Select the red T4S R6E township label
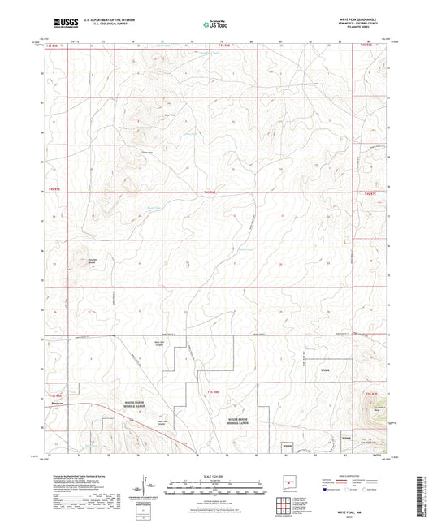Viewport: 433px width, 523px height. [x=210, y=192]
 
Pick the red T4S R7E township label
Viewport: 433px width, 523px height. [x=370, y=192]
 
